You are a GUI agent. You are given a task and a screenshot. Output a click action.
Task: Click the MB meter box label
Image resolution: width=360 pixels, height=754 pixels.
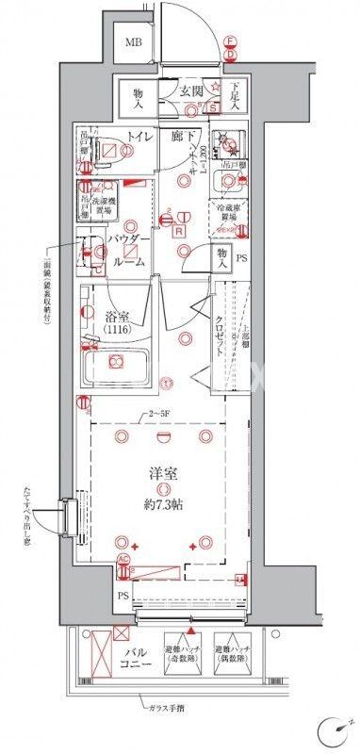pyautogui.click(x=136, y=42)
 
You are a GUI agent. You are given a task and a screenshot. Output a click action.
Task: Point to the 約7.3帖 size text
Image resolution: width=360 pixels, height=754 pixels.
pyautogui.click(x=164, y=504)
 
